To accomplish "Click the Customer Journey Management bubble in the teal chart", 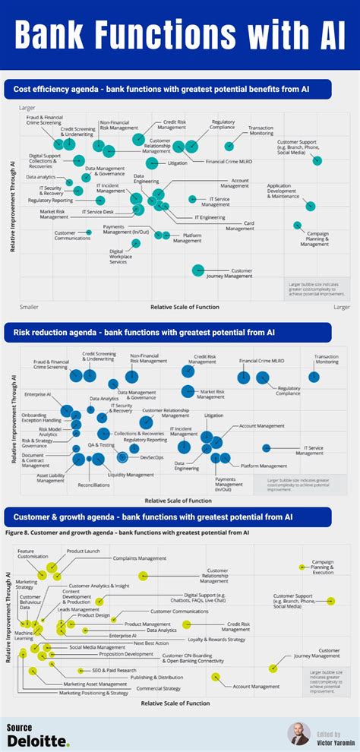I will [199, 269].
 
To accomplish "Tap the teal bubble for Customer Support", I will [317, 160].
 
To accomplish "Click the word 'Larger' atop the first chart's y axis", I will [27, 109].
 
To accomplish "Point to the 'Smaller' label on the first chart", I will [29, 307].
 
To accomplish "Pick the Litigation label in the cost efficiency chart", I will [177, 163].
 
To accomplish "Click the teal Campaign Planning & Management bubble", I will [298, 225].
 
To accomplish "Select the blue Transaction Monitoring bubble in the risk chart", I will [314, 376].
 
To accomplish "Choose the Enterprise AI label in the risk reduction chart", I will [37, 394].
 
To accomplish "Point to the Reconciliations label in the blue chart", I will [93, 484].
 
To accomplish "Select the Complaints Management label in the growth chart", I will [140, 558].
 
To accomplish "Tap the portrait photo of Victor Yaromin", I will [298, 733].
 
